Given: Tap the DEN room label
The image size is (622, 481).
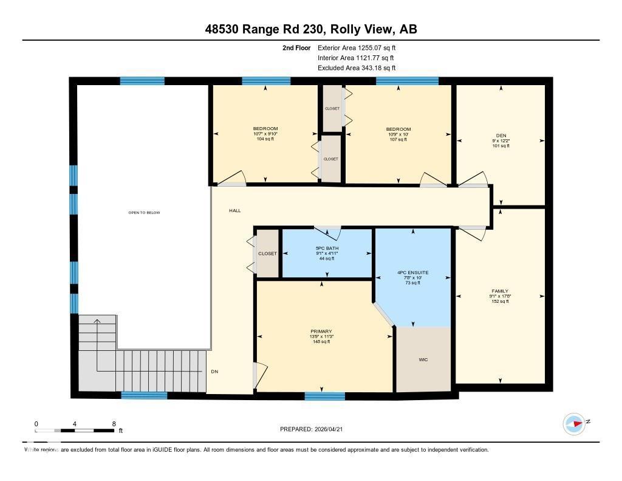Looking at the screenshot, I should click(x=501, y=135).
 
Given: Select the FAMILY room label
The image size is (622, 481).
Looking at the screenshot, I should click(x=500, y=291).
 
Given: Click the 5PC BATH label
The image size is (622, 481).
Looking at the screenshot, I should click(x=326, y=248).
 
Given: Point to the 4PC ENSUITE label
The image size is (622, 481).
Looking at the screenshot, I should click(x=412, y=272).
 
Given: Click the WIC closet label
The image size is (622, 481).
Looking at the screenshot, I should click(x=423, y=360).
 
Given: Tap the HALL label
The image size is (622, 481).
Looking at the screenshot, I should click(x=235, y=210).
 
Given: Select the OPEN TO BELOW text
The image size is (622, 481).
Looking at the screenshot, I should click(x=144, y=212).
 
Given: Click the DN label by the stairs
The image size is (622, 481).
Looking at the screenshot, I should click(x=214, y=372).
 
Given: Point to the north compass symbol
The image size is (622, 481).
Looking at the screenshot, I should click(x=574, y=423).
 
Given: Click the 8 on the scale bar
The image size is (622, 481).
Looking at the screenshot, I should click(x=114, y=423).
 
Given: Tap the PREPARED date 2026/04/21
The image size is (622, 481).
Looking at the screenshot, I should click(x=315, y=429).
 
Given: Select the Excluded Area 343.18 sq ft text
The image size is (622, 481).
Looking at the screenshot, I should click(x=357, y=68).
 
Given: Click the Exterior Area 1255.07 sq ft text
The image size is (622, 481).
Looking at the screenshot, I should click(x=357, y=47).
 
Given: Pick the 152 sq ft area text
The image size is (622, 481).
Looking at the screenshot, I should click(x=500, y=301).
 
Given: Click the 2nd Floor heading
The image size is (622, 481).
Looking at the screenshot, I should click(x=296, y=47).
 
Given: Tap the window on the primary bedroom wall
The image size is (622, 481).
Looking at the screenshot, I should click(x=325, y=396).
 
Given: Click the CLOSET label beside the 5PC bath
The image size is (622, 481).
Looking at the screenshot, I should click(x=267, y=254).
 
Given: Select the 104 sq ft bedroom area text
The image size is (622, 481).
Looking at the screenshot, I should click(x=265, y=139).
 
